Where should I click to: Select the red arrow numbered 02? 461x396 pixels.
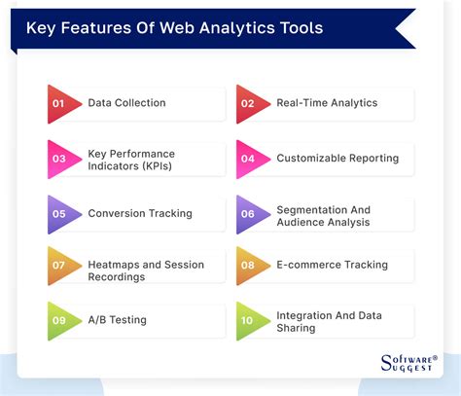[x=251, y=103]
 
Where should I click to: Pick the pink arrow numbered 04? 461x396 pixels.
[x=251, y=158]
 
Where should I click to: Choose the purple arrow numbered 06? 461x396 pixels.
[x=251, y=213]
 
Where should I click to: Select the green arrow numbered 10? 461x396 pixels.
[x=251, y=320]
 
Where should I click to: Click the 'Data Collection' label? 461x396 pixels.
[x=126, y=103]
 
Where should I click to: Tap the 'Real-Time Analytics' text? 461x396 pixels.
[x=327, y=103]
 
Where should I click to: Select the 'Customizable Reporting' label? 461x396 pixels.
[x=337, y=158]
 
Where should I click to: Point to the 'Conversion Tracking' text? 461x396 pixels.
[x=139, y=213]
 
